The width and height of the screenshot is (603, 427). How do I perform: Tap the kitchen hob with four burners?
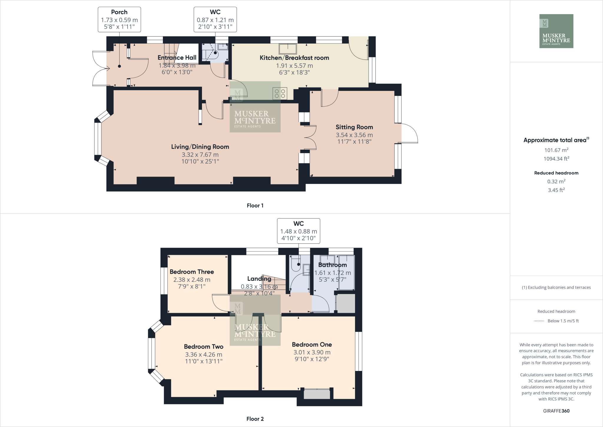coord(280,94)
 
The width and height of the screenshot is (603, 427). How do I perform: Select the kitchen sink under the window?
coord(288,49)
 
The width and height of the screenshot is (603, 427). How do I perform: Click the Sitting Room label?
coord(354,127)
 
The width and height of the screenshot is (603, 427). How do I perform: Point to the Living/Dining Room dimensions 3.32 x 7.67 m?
coord(200,155)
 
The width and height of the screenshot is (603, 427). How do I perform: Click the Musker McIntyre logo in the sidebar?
coord(556,31)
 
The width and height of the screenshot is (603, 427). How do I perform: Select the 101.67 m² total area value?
coord(556,150)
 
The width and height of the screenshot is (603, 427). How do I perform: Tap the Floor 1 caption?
coord(255,206)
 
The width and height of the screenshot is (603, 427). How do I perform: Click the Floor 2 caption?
coord(255,419)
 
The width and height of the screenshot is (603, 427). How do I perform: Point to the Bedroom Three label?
coord(192,272)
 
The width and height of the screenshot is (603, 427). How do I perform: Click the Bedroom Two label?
coord(203,346)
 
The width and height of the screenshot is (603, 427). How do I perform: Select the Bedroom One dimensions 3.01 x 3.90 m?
coord(312,352)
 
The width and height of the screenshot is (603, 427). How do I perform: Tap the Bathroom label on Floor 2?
coord(332,265)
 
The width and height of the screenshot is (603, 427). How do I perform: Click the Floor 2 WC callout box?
coord(299,231)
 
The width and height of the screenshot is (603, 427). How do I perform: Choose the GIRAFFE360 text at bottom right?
coord(556,411)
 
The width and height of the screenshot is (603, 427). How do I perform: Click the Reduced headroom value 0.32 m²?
coord(556,182)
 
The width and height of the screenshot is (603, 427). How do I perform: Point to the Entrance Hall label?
coord(177,58)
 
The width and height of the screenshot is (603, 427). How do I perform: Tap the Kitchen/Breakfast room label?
coord(294,58)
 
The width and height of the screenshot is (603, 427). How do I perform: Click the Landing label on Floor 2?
coord(259,279)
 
